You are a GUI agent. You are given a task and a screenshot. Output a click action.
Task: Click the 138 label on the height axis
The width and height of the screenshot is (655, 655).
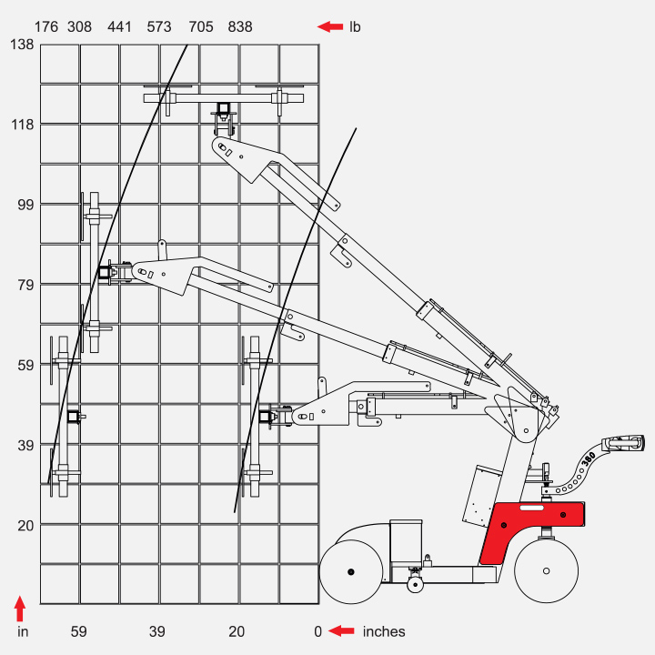[21, 44]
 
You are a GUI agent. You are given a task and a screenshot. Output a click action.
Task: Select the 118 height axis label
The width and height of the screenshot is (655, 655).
[21, 124]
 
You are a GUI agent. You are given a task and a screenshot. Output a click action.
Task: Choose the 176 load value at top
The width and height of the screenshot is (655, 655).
[46, 26]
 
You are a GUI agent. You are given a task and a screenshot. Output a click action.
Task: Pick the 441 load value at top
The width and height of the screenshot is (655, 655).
[119, 26]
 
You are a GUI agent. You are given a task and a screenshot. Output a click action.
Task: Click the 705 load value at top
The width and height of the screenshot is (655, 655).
[200, 26]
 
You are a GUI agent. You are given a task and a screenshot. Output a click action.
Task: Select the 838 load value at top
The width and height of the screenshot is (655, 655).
[240, 26]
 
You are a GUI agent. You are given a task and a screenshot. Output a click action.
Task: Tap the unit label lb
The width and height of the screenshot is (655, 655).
[355, 26]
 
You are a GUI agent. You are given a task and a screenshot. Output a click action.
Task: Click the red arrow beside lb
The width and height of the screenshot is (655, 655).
[329, 26]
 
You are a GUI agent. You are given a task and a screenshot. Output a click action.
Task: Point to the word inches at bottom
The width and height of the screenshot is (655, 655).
[384, 631]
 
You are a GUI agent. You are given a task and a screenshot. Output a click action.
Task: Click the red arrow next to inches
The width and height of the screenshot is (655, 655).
[341, 631]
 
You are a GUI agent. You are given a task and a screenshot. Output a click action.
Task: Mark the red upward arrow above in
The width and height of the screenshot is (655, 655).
[21, 608]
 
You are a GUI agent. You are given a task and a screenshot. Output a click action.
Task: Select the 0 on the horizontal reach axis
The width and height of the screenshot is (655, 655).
[317, 631]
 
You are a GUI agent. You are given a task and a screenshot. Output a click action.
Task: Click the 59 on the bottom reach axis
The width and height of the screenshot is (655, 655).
[79, 631]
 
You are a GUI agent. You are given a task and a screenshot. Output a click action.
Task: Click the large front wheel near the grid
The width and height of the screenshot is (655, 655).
[351, 570]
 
